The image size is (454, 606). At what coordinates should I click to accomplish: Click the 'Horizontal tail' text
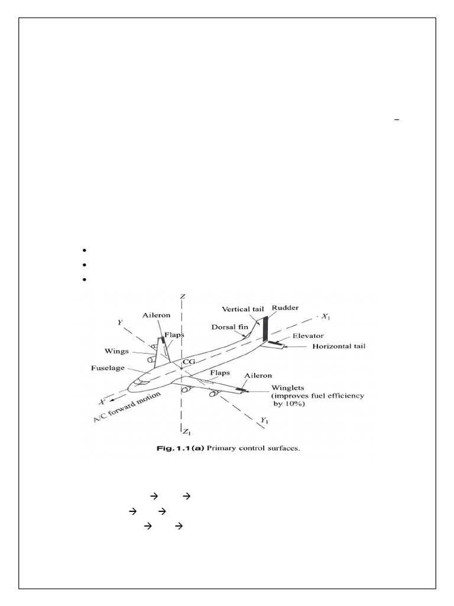(339, 346)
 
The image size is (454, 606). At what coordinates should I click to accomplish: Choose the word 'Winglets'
(290, 387)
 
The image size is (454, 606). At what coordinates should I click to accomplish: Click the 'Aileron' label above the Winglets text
(257, 376)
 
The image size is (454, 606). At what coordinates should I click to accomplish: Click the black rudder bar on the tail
(265, 329)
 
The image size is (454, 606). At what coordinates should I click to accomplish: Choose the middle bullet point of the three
(85, 265)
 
